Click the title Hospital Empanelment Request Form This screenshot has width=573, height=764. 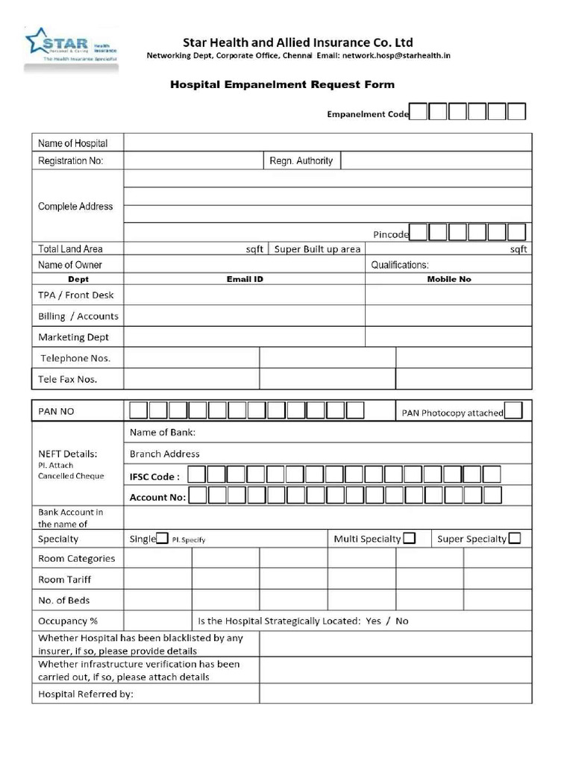[283, 84]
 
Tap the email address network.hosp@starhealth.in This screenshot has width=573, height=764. [396, 56]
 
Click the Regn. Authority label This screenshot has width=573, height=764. [301, 160]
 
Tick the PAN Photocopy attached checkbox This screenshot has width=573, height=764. [513, 411]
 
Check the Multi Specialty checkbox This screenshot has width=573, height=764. [409, 539]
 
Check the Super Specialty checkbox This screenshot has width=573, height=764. [514, 539]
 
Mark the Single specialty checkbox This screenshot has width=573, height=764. [162, 539]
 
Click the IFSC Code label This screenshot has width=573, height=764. [154, 476]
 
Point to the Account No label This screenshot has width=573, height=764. [157, 497]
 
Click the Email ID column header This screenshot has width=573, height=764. [245, 279]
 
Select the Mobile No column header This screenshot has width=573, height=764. [448, 279]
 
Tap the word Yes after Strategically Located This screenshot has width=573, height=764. [373, 621]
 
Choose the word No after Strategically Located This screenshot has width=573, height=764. [402, 621]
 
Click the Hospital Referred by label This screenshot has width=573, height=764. [85, 695]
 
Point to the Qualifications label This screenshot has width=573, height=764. [400, 265]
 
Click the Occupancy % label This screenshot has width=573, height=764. [68, 621]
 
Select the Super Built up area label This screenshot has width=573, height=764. [317, 249]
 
